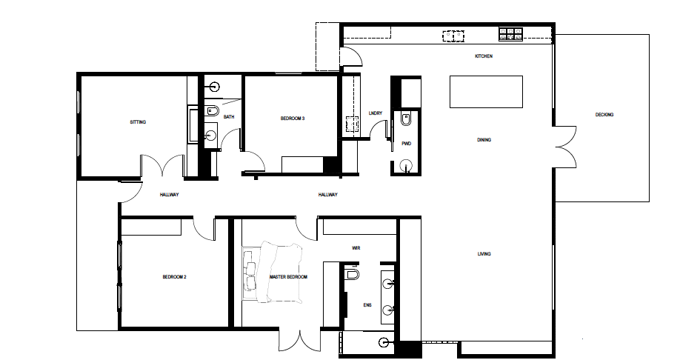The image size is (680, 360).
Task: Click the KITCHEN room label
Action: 484,56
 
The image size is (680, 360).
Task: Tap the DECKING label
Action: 604,115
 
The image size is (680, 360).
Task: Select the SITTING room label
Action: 138,122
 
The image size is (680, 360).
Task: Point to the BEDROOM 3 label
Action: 293,118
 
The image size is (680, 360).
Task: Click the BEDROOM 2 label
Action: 174,277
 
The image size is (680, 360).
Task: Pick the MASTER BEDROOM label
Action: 288,277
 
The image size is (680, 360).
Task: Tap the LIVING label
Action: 484,254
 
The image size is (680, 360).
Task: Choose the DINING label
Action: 484,140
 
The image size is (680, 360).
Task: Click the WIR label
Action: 356,248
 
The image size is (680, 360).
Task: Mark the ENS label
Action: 367,305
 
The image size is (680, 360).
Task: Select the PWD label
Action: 407,144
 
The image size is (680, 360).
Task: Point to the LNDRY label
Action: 376,113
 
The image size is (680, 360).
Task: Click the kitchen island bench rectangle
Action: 486,92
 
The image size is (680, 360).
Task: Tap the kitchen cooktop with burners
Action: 510,34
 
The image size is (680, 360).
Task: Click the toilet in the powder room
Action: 406,119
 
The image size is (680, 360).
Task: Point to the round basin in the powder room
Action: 407,165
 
